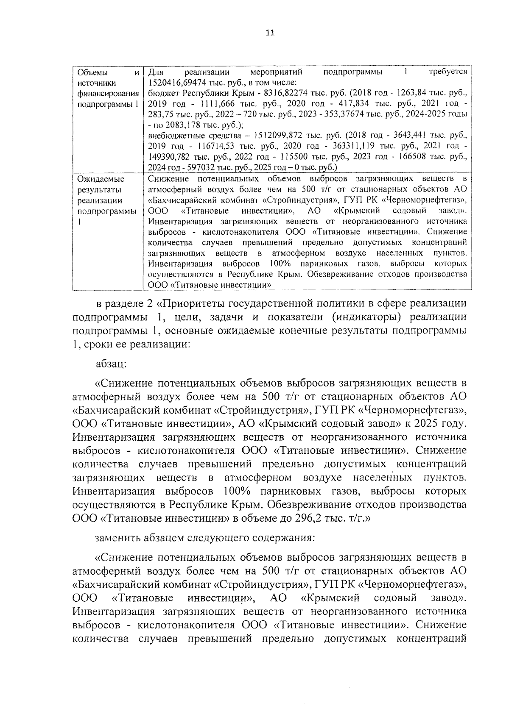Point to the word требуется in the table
447,72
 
